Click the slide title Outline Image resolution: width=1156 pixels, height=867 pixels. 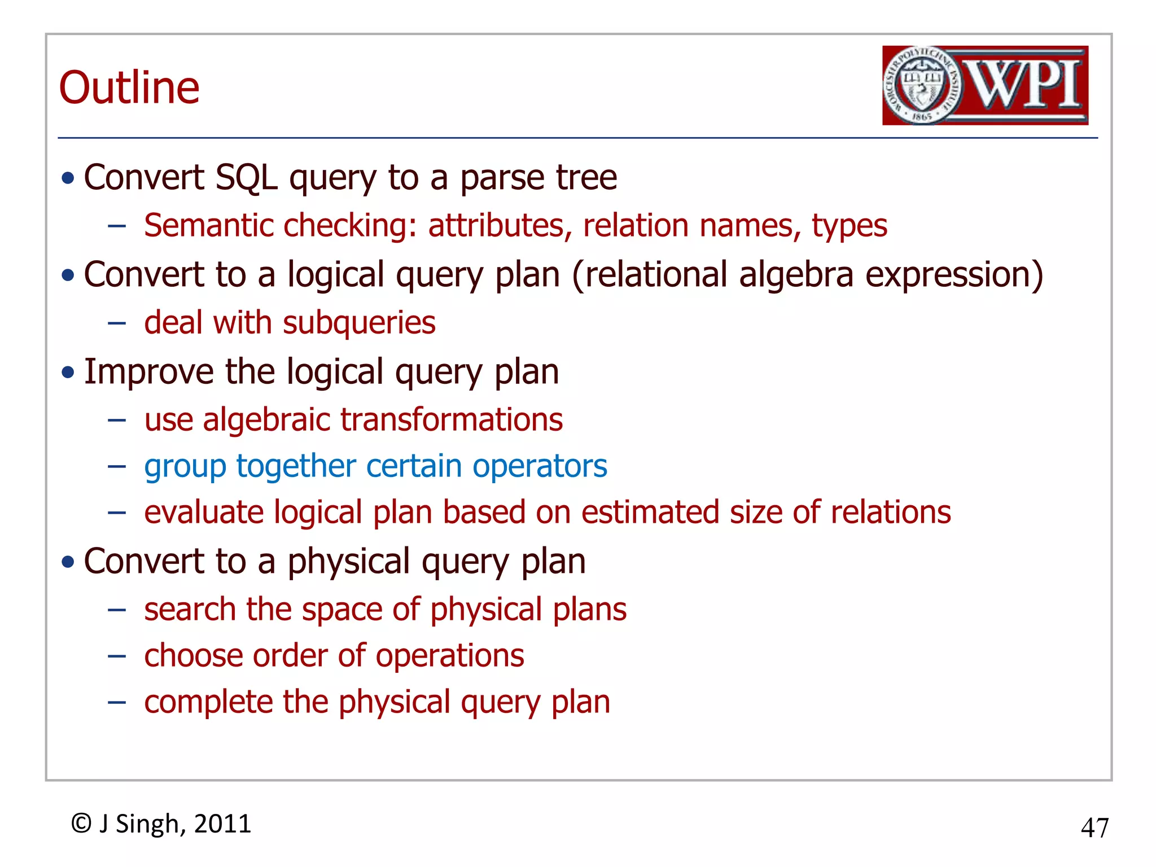click(x=129, y=88)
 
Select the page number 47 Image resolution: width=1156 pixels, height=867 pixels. click(x=1094, y=828)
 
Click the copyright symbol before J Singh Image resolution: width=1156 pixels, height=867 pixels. click(x=81, y=824)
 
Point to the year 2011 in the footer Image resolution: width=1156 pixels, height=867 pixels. click(x=222, y=824)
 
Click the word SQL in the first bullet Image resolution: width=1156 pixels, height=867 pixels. click(x=246, y=178)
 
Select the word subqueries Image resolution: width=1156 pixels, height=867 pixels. click(x=359, y=323)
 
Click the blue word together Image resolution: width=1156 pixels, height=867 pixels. click(x=296, y=467)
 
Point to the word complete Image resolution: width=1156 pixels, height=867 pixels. click(x=208, y=703)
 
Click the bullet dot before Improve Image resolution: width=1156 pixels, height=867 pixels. click(x=68, y=373)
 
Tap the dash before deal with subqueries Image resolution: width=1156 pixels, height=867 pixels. click(x=117, y=323)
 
